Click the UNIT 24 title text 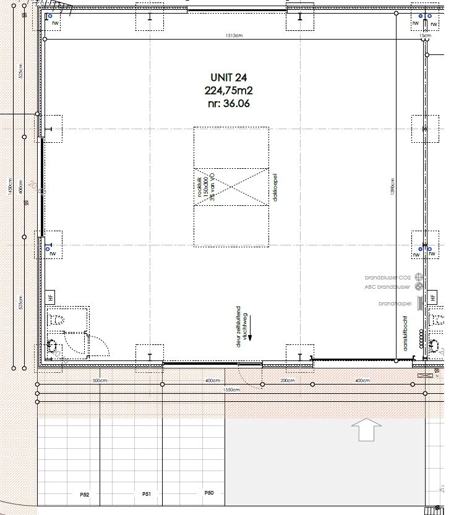click(x=229, y=77)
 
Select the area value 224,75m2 click(x=229, y=90)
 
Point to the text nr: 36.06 click(x=229, y=103)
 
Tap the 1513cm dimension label click(x=234, y=36)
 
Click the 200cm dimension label click(x=288, y=381)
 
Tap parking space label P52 click(x=85, y=495)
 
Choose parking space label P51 click(x=147, y=494)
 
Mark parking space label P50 click(x=209, y=493)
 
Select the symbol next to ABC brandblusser click(x=419, y=287)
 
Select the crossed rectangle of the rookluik click(x=231, y=185)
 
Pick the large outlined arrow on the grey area click(x=366, y=428)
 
